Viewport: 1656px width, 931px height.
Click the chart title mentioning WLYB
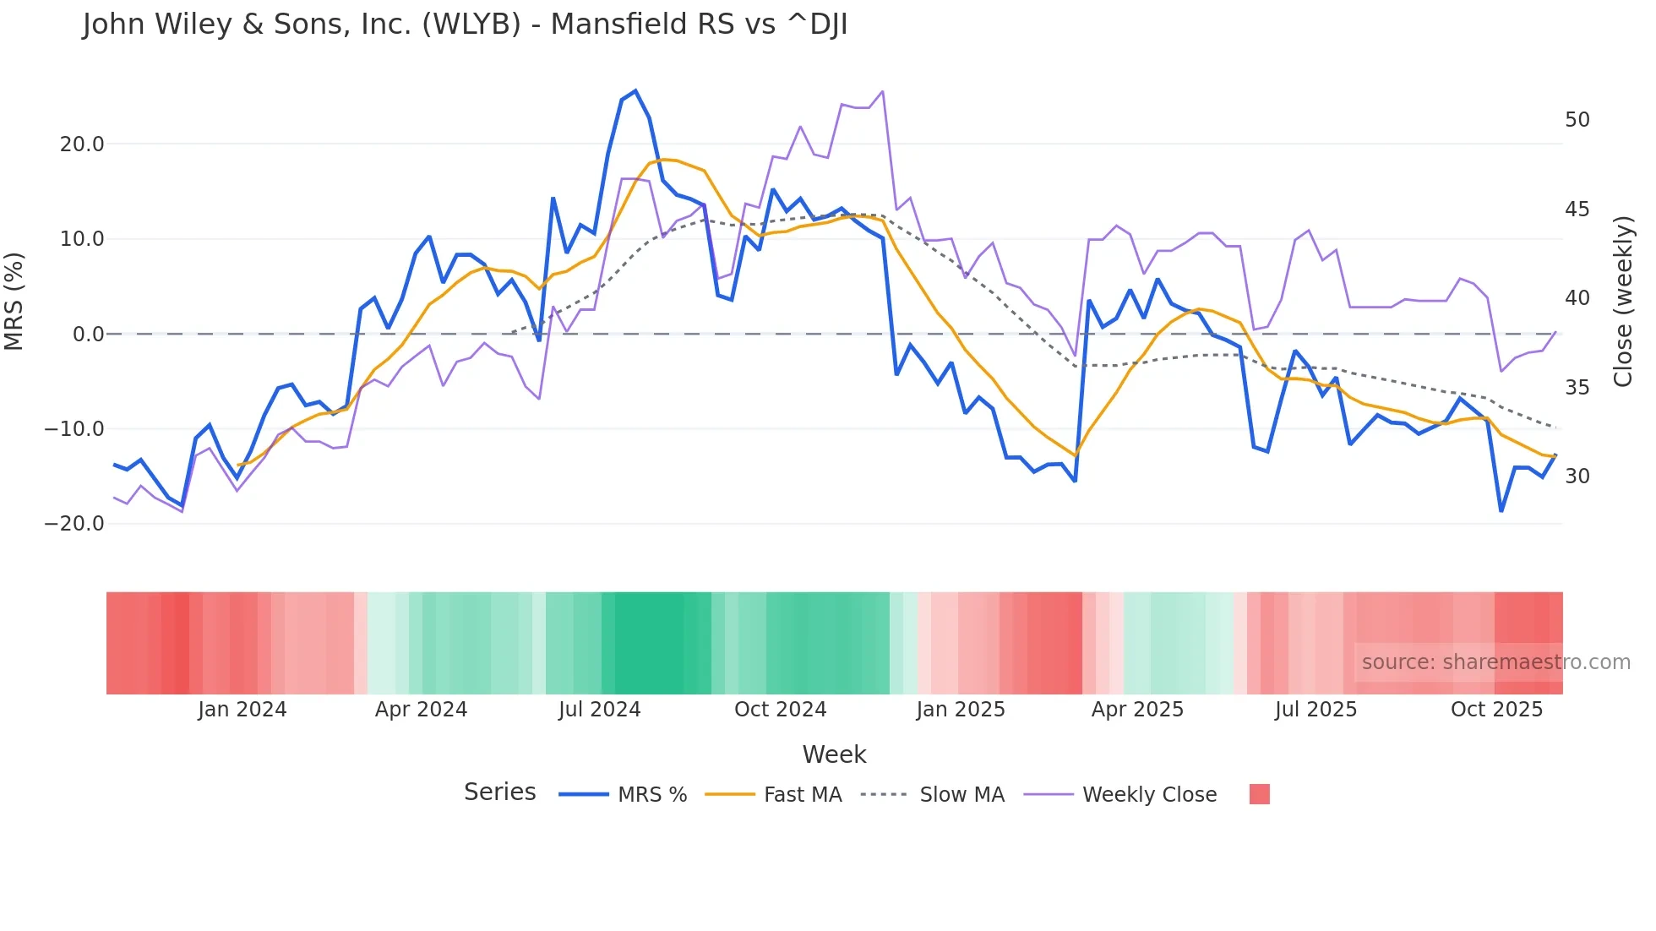[465, 24]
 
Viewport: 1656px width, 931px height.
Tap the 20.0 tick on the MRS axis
[82, 144]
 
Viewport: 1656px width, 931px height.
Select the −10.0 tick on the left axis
[74, 429]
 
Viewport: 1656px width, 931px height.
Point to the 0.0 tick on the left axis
[89, 335]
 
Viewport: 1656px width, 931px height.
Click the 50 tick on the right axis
[1577, 120]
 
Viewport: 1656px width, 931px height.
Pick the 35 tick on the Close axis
[1577, 388]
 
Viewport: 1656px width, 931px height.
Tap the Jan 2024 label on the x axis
[242, 710]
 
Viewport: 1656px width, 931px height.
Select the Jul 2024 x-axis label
[599, 710]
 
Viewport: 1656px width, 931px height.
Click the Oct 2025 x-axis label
[1496, 710]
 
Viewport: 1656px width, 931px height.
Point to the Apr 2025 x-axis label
[1137, 710]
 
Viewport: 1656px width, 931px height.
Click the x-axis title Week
[834, 754]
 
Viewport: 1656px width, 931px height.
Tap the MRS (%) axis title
[14, 301]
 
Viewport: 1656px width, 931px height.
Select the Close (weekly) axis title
[1622, 302]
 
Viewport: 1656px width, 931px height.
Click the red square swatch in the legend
[1259, 794]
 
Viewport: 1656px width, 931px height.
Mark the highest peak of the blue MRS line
[635, 91]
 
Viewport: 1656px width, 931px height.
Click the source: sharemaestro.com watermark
[1495, 662]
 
